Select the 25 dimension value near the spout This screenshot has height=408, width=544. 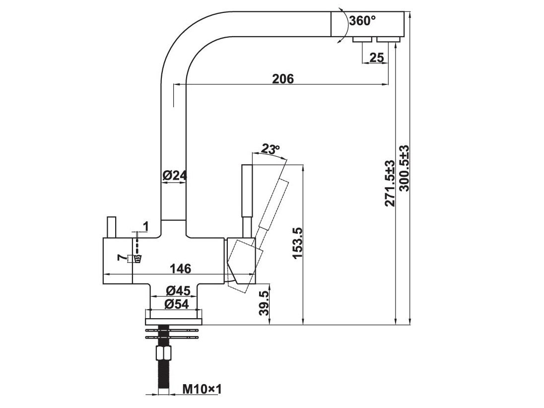[x=377, y=58]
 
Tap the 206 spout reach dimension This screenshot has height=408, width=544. [x=283, y=78]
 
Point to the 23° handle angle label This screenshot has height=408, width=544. [x=271, y=148]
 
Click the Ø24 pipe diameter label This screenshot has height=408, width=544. [x=174, y=175]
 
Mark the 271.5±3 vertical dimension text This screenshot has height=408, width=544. [x=390, y=183]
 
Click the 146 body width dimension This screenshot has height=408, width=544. [x=180, y=269]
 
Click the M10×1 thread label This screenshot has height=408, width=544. [x=201, y=389]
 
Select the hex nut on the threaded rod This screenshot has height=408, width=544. [x=163, y=354]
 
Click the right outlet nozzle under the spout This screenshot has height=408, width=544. [x=387, y=40]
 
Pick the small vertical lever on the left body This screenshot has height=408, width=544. [x=111, y=227]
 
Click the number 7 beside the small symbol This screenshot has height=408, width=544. [x=120, y=257]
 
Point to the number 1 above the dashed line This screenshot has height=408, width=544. [x=145, y=226]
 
